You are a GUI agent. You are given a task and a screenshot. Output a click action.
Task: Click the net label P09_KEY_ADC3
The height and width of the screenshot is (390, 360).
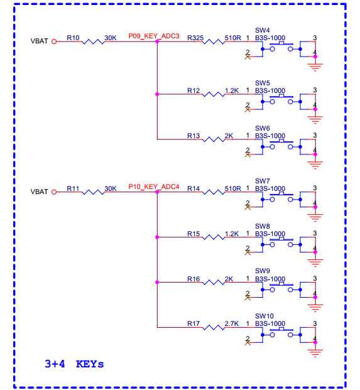[154, 36]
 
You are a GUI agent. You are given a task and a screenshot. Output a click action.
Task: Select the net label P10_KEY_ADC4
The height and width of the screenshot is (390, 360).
[154, 187]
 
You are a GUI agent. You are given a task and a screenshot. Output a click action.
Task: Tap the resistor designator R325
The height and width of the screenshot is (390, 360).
[195, 38]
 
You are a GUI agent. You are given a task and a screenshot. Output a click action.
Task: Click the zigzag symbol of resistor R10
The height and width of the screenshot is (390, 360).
[93, 41]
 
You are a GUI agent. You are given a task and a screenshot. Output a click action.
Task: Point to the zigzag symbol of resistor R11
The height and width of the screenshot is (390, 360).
[93, 192]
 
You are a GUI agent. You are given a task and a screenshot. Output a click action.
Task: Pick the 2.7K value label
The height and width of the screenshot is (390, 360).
[232, 323]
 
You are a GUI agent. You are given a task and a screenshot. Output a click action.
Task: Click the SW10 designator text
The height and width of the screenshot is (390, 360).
[265, 316]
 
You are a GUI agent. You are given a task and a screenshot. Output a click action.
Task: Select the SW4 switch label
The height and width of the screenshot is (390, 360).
[262, 30]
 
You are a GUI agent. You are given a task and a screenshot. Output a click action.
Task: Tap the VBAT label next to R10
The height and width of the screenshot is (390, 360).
[39, 41]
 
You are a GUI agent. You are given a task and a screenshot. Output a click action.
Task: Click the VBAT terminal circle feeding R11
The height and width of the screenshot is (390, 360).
[54, 192]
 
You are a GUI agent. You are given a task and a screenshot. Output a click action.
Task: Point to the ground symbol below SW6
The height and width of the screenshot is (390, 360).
[315, 165]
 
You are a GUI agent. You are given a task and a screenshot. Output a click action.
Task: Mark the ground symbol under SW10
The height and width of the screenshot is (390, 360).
[315, 353]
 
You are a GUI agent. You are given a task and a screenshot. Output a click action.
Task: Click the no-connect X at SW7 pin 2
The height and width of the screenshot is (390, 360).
[248, 207]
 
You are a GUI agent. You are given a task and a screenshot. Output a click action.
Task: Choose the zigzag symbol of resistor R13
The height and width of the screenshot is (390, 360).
[214, 139]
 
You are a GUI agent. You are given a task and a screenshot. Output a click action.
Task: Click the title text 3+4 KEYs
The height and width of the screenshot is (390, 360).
[74, 364]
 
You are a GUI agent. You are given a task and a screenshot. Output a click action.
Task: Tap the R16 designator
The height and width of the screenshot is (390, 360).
[194, 279]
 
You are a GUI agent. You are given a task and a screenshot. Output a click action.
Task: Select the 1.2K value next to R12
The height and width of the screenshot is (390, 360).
[232, 90]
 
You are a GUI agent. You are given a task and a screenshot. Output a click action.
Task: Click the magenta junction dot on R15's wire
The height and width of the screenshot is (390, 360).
[157, 237]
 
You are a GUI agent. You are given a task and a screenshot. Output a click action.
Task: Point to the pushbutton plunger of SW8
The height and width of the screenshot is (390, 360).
[281, 239]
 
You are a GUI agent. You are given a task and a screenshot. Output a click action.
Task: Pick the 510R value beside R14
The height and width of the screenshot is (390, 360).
[233, 188]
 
